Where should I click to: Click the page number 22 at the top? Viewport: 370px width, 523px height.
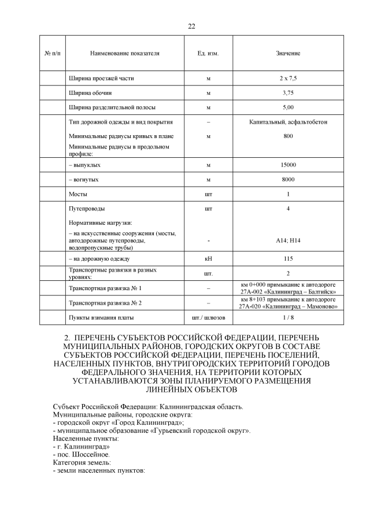coord(191,27)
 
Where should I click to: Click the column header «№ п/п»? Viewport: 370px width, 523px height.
coord(52,53)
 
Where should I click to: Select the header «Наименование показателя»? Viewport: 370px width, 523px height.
coord(124,53)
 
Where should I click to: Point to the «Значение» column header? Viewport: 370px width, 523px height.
coord(288,53)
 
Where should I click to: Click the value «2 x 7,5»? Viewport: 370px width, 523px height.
coord(288,77)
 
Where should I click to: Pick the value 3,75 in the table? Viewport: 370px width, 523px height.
coord(288,92)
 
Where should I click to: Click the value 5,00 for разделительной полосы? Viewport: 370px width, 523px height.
coord(288,107)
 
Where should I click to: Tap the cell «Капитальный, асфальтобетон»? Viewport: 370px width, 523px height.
coord(288,122)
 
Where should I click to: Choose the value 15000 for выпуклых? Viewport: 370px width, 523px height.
coord(288,165)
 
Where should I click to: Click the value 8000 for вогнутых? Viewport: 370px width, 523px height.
coord(288,180)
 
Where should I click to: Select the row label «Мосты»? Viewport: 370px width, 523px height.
coord(78,194)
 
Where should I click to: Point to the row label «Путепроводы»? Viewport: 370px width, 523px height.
coord(87,209)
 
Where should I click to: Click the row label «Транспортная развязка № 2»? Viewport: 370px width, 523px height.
coord(105,303)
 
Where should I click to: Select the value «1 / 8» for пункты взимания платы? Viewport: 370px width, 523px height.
coord(288,318)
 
